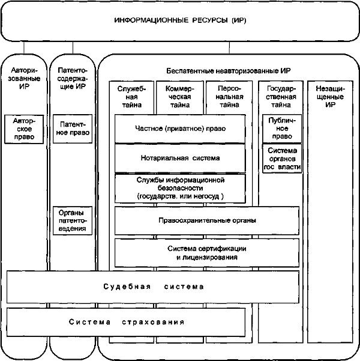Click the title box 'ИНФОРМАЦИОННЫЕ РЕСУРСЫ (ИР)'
click(180, 21)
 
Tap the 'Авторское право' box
click(24, 129)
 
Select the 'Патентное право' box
click(72, 129)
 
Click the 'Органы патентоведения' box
click(72, 220)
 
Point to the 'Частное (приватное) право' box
click(180, 128)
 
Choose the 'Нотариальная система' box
click(180, 158)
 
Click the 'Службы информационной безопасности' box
click(180, 188)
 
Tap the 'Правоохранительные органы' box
click(207, 220)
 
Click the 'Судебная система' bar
click(153, 287)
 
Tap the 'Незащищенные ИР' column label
click(329, 96)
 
